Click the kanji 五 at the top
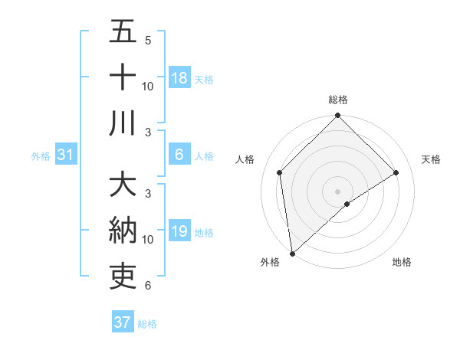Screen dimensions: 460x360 [123, 32]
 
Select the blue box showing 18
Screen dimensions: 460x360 [179, 77]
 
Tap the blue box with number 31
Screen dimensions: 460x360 [65, 155]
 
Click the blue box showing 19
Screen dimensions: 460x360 [179, 232]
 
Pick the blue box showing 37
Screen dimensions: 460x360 [122, 322]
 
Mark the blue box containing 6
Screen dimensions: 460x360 [179, 155]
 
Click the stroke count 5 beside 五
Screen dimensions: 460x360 [148, 40]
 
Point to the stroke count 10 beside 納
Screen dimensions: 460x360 [148, 240]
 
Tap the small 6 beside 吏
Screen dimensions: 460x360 [148, 286]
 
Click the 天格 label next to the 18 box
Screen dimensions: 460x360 [204, 79]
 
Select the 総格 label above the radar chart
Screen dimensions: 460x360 [338, 100]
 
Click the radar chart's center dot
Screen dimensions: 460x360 [338, 191]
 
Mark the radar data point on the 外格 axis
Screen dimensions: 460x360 [292, 253]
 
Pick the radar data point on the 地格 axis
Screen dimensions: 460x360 [347, 204]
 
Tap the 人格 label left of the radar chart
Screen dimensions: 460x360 [245, 159]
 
